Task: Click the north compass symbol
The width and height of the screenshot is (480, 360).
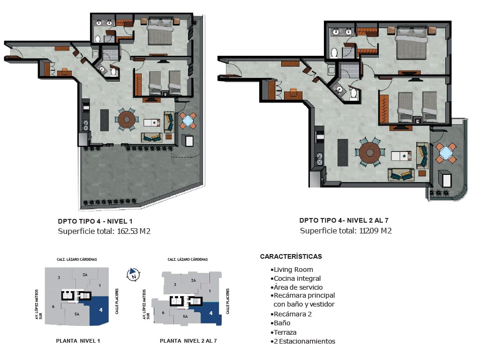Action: pyautogui.click(x=134, y=274)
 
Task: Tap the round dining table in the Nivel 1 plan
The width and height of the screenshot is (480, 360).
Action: pyautogui.click(x=127, y=120)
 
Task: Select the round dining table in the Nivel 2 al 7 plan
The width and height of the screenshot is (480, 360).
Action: pyautogui.click(x=370, y=152)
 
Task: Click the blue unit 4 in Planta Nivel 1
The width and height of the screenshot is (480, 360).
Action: pyautogui.click(x=98, y=311)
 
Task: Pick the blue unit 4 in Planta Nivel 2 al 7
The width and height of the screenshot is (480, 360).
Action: pyautogui.click(x=210, y=313)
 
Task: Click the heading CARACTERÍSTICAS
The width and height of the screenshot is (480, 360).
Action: pyautogui.click(x=291, y=256)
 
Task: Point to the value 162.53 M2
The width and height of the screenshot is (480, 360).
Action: pyautogui.click(x=134, y=231)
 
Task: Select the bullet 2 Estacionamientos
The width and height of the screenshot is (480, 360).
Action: pyautogui.click(x=304, y=341)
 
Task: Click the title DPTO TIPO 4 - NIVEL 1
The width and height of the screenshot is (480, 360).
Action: pyautogui.click(x=95, y=221)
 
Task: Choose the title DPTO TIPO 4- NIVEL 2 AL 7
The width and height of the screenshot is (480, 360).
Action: pyautogui.click(x=344, y=220)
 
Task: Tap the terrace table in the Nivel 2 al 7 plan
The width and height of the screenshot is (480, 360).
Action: pyautogui.click(x=446, y=152)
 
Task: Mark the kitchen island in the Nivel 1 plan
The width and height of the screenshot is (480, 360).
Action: pyautogui.click(x=105, y=120)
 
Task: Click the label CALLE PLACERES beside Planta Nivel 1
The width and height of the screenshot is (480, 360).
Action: pyautogui.click(x=117, y=301)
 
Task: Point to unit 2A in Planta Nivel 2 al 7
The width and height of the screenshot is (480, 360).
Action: pyautogui.click(x=193, y=280)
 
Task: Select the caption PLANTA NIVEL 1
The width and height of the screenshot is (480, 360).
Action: pyautogui.click(x=78, y=341)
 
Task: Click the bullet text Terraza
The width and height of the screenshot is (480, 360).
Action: pyautogui.click(x=285, y=332)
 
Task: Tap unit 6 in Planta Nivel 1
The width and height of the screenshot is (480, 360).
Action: pyautogui.click(x=53, y=307)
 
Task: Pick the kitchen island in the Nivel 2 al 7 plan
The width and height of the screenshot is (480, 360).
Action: pyautogui.click(x=343, y=152)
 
